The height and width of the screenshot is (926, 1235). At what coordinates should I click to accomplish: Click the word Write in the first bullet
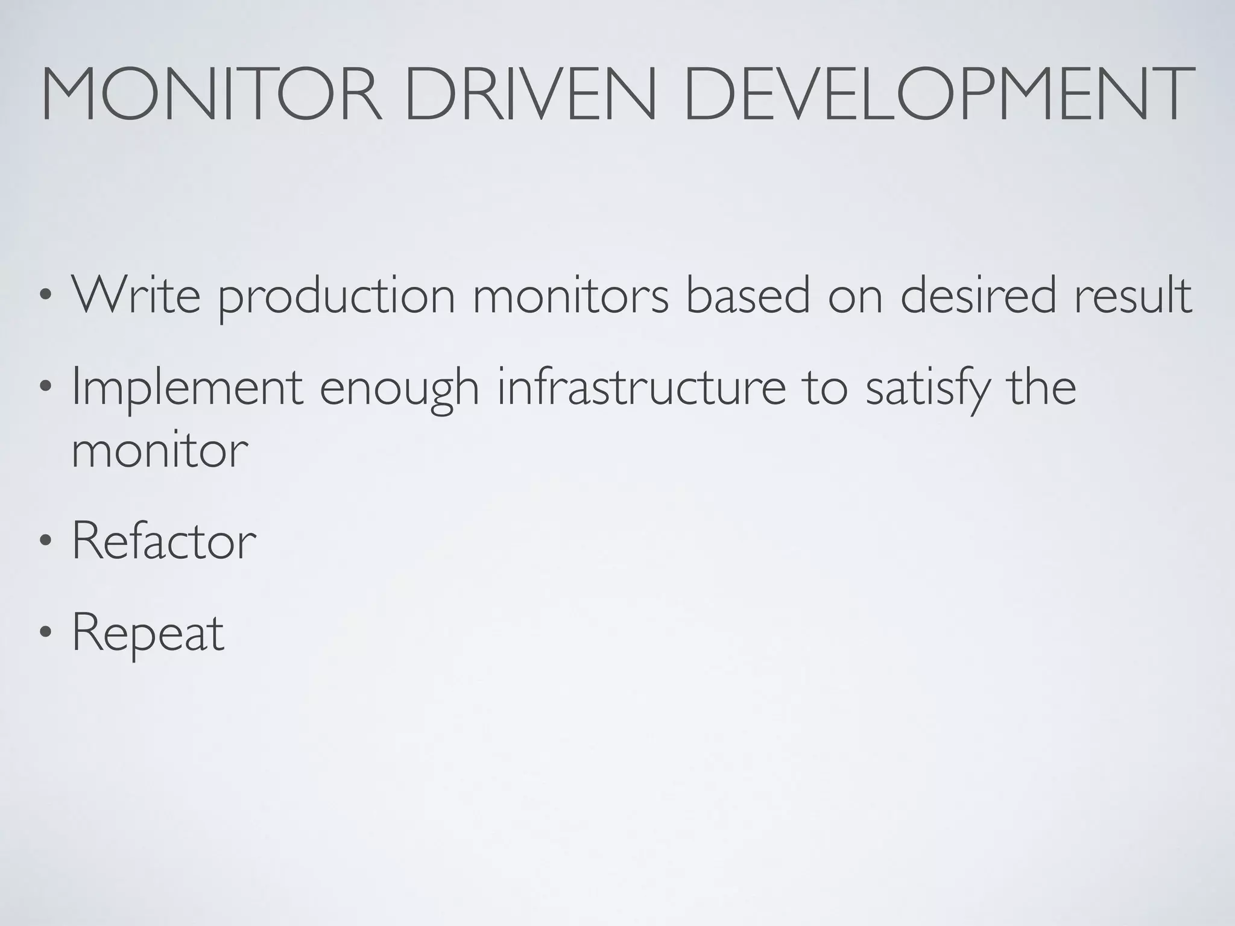point(136,295)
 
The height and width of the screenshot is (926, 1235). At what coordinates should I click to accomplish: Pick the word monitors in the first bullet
point(570,295)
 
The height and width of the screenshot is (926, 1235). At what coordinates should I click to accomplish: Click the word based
point(748,295)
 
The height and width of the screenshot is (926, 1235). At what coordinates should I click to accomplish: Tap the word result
point(1133,295)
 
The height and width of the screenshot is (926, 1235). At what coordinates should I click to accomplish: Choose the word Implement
point(187,389)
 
